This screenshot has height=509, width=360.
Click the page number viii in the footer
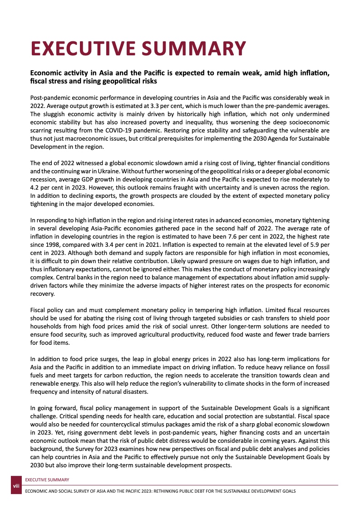[16, 487]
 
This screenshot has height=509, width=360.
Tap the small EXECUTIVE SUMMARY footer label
[47, 480]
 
